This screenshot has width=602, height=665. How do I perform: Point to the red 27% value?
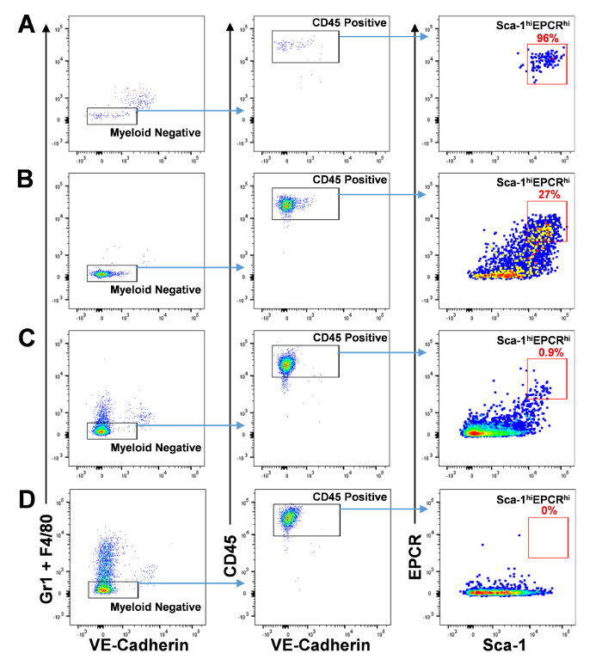tap(547, 195)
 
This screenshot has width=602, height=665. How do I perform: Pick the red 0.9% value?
tap(547, 352)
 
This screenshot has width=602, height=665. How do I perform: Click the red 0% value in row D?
tap(547, 510)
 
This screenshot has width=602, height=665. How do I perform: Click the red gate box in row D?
tap(548, 537)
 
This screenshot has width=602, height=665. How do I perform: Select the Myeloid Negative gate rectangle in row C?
tap(112, 430)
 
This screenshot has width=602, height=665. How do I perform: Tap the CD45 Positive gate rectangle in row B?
tap(305, 204)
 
